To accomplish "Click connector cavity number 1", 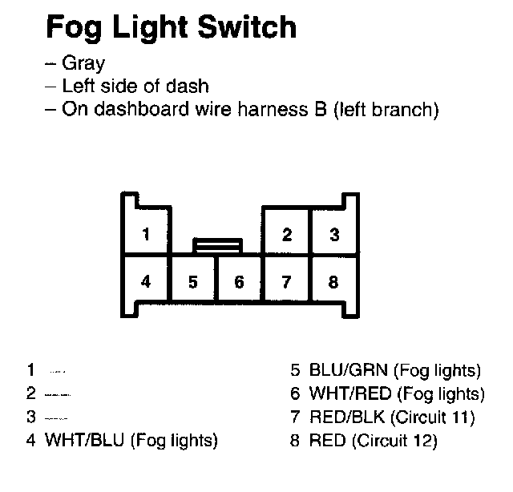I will tap(145, 234).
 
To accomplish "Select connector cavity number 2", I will tap(286, 234).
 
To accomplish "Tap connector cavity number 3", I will tap(333, 234).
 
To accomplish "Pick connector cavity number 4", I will tap(145, 281).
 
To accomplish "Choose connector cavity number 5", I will tap(192, 282).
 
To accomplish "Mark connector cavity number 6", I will tap(239, 282).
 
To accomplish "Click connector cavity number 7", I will tap(286, 282).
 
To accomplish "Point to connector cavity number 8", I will tap(333, 282).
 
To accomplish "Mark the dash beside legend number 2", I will tap(58, 395).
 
